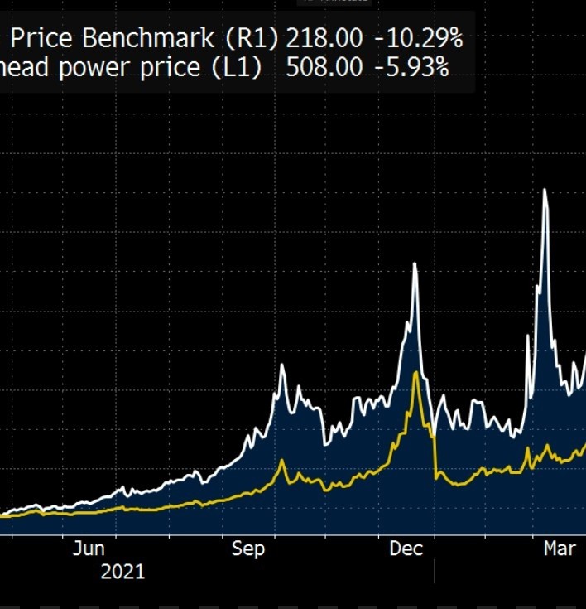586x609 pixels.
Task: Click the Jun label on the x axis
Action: (89, 549)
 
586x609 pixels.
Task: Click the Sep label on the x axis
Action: (248, 549)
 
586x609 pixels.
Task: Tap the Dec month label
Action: (406, 549)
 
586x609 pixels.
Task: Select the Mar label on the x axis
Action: (560, 549)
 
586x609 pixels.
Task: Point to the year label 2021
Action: (122, 571)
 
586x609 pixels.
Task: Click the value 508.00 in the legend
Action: (324, 67)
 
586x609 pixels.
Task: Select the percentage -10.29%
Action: (418, 37)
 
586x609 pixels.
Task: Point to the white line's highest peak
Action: (545, 190)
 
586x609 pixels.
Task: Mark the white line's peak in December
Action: (415, 263)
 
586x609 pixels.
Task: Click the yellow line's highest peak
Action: (415, 373)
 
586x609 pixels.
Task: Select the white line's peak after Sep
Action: (281, 365)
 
